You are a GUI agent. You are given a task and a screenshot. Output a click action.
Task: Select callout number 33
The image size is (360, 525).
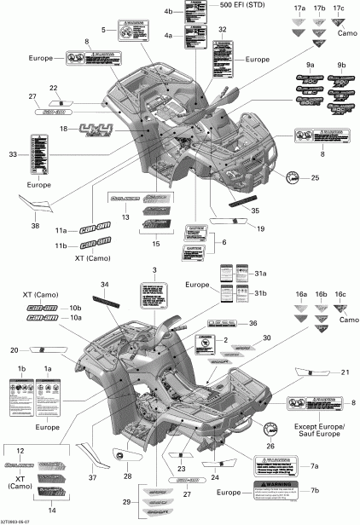pos(13,154)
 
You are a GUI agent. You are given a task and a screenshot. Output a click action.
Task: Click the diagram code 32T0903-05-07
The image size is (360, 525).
pos(19,520)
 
